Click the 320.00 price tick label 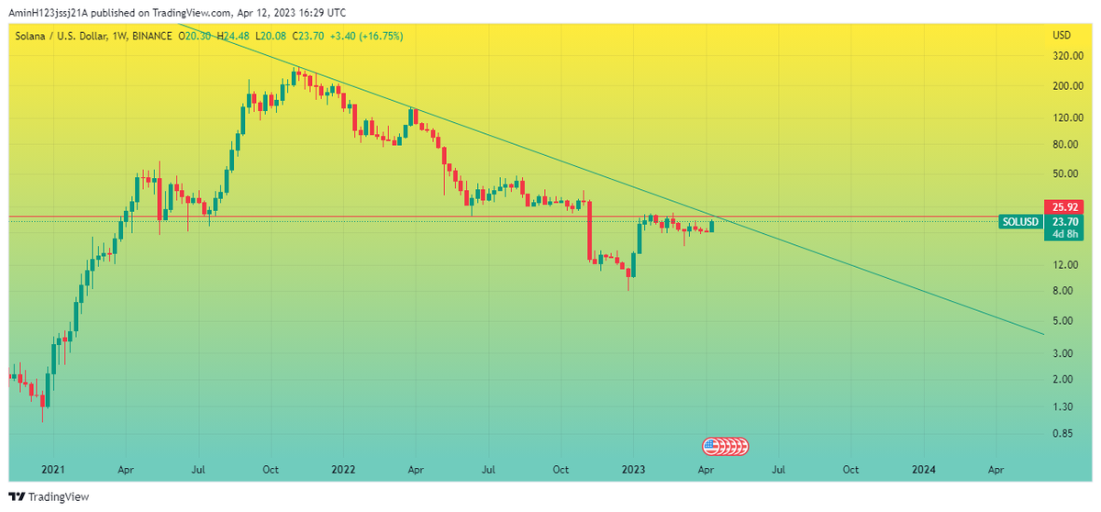click(1064, 56)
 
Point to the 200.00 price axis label click(1064, 86)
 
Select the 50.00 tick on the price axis click(1064, 173)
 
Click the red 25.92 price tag click(1064, 207)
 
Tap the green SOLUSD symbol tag click(1020, 221)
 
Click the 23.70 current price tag click(1064, 221)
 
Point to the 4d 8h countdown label click(1064, 234)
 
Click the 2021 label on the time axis click(53, 469)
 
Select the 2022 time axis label click(343, 469)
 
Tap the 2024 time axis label click(924, 469)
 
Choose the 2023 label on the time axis click(633, 469)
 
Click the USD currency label click(1062, 36)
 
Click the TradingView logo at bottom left click(50, 497)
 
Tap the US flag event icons click(726, 447)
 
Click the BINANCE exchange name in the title click(151, 36)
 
